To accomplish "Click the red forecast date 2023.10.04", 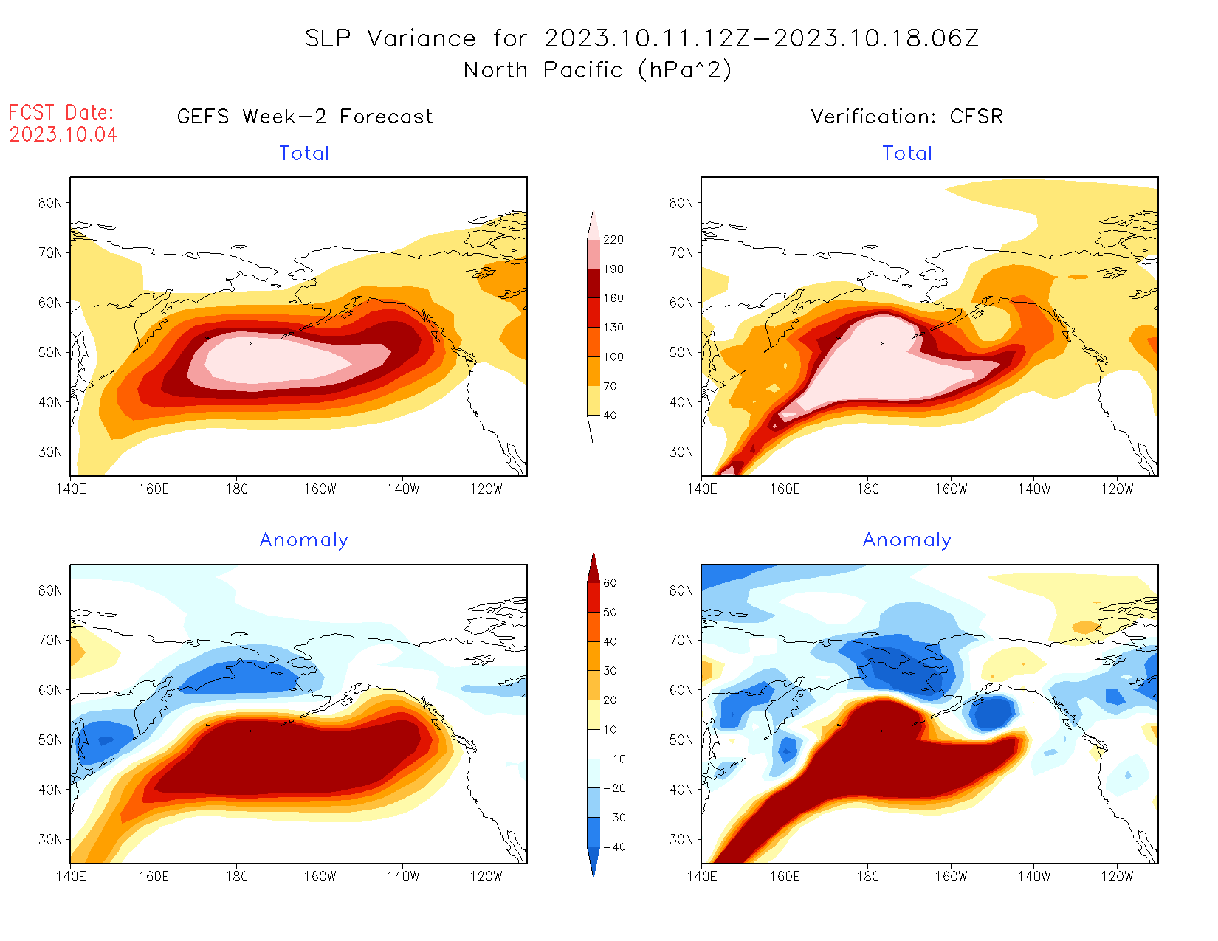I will coord(63,135).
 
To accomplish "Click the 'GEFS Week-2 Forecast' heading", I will coord(305,117).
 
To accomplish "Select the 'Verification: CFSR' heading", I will coord(906,117).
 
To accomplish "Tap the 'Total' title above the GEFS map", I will coord(304,154).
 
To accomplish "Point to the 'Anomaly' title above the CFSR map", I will coord(907,540).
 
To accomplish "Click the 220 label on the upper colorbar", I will coord(613,240).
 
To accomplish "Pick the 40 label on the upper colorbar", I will coord(610,416).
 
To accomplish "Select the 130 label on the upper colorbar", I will coord(613,328).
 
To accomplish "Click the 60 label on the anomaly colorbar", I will coord(610,583).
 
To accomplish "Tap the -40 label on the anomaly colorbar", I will coord(613,847).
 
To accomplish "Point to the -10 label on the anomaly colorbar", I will coord(613,759).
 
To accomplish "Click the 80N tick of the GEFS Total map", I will coord(50,204).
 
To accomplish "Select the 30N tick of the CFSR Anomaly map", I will coord(681,840).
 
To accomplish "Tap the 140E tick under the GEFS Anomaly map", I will coord(71,877).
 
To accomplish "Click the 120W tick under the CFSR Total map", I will coord(1117,489).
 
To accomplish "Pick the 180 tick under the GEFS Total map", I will coord(237,489).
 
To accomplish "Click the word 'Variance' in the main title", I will coord(422,38).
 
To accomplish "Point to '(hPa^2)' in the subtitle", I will coord(685,70).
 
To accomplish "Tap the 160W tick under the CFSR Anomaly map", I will coord(951,877).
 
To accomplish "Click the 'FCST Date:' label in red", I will coord(61,113).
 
